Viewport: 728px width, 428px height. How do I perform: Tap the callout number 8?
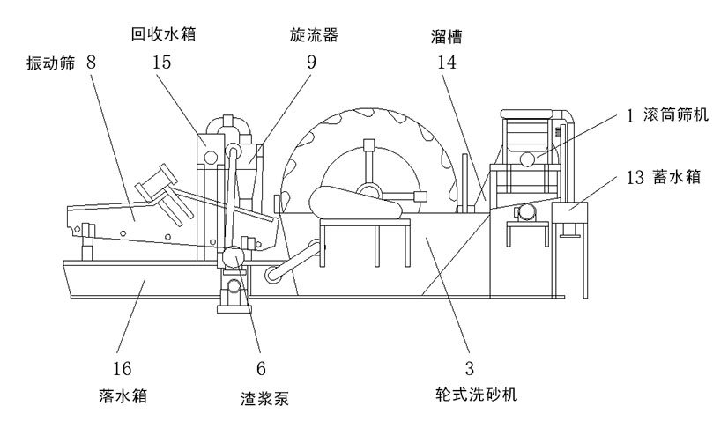(x=92, y=64)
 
